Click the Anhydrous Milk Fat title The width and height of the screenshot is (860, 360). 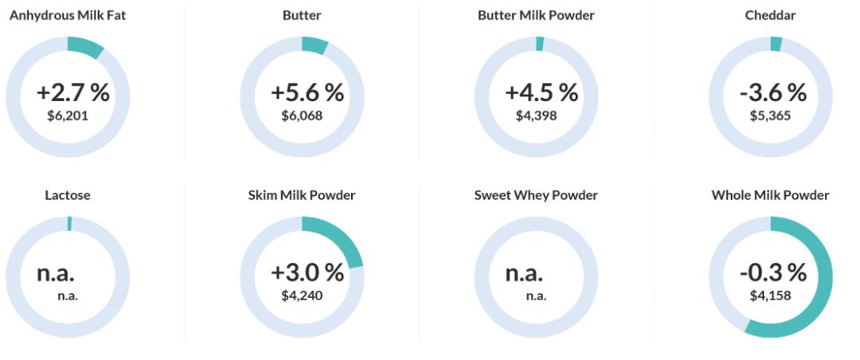[68, 15]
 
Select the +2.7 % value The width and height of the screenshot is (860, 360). [72, 92]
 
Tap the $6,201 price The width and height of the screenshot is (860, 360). [68, 115]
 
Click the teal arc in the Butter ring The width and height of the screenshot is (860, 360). [315, 45]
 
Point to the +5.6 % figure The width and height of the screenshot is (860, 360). [307, 92]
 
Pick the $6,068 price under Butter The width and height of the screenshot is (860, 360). [302, 115]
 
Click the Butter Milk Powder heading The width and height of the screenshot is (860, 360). [536, 15]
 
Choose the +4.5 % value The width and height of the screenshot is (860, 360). [541, 92]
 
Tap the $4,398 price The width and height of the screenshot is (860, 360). [536, 115]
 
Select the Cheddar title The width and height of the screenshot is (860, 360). [770, 15]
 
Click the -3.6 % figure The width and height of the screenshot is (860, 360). [772, 92]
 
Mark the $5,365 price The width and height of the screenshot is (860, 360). [770, 115]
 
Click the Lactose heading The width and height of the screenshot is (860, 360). [68, 195]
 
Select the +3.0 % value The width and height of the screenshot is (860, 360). [307, 272]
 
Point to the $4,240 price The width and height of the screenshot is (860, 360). [302, 295]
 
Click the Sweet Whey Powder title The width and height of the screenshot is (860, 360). [536, 195]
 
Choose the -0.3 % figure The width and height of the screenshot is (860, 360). [772, 272]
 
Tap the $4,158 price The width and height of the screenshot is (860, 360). [770, 295]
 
